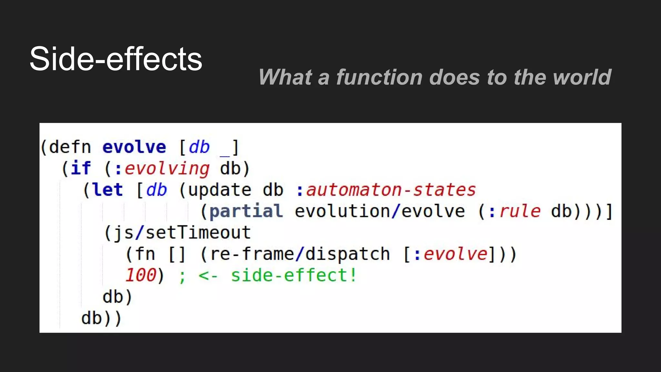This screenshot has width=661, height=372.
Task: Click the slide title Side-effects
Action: tap(116, 59)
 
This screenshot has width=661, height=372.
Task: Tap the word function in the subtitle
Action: tap(379, 77)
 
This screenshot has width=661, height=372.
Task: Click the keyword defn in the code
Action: tap(70, 147)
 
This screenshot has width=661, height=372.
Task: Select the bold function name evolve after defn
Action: tap(134, 147)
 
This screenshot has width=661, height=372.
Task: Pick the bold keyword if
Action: tap(81, 168)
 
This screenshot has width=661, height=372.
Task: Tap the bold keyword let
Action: tap(107, 190)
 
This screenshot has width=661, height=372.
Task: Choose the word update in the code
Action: tap(219, 190)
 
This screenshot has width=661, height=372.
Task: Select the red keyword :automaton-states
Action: tap(386, 190)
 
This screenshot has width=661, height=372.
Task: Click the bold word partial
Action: tap(246, 212)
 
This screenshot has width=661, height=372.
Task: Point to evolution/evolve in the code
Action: tap(380, 211)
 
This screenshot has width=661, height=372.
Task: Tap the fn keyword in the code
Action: tap(145, 254)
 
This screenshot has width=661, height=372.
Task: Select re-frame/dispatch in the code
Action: tap(300, 254)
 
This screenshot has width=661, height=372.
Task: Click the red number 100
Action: tap(141, 275)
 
